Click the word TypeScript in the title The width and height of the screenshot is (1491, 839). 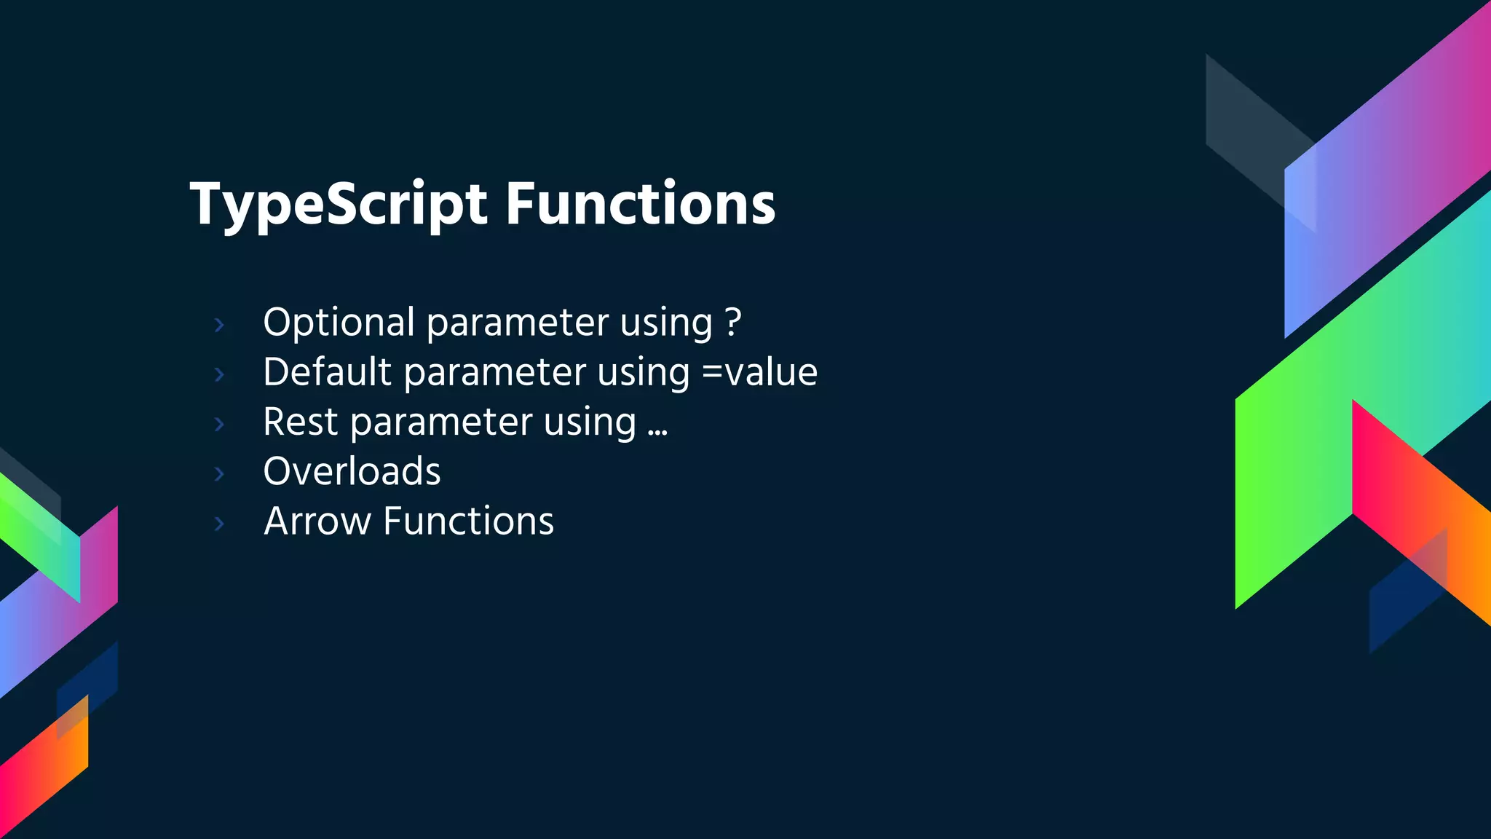339,205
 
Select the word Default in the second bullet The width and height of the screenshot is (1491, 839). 328,372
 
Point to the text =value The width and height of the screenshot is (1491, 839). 759,372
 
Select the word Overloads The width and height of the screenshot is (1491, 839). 352,471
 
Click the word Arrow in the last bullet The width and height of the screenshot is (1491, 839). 317,521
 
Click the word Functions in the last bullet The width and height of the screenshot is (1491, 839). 468,521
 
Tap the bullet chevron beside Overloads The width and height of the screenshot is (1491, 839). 219,474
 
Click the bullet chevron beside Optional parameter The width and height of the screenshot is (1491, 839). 219,325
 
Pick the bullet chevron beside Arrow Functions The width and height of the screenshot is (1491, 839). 219,524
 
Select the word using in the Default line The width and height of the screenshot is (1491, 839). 643,374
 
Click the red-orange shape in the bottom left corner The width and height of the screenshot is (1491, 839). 44,772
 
